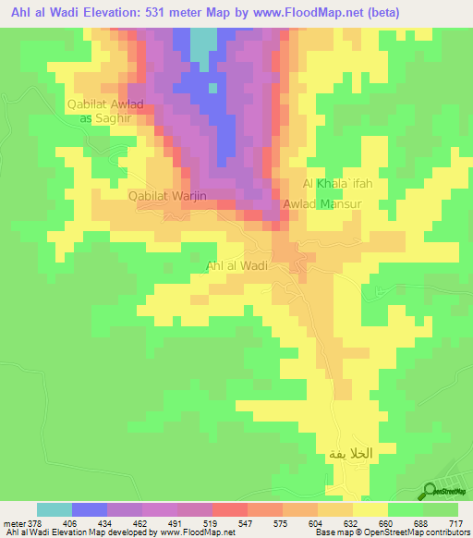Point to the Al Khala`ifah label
pyautogui.click(x=337, y=183)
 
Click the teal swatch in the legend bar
pyautogui.click(x=55, y=508)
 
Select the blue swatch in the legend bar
pyautogui.click(x=90, y=508)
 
